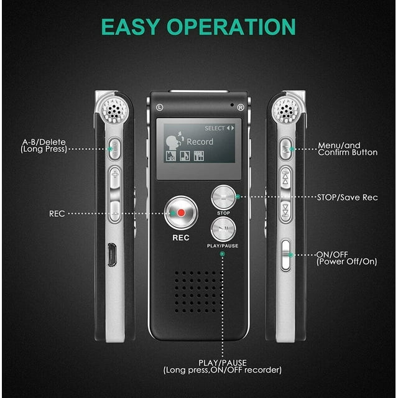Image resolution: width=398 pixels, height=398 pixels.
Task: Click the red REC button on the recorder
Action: point(180,213)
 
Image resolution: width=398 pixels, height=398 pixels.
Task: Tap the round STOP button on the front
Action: point(223,198)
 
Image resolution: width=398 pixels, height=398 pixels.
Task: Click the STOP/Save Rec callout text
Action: point(346,198)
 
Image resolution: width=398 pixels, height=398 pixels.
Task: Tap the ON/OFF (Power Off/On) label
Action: point(346,258)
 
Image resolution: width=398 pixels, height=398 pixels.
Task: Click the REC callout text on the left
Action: point(57,213)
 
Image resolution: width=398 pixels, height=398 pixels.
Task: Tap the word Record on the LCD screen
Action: point(200,142)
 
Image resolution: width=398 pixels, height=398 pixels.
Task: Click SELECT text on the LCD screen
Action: point(215,128)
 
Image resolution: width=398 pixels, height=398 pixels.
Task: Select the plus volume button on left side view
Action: point(114,176)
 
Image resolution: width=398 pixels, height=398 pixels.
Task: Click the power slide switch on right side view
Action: point(285,254)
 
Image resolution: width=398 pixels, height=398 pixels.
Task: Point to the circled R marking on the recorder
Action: point(241,107)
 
